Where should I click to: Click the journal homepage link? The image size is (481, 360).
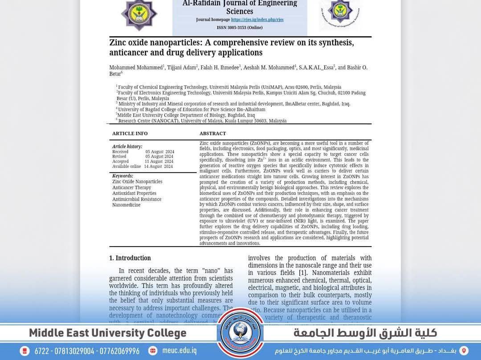(x=257, y=20)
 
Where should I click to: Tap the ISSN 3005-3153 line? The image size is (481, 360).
(x=240, y=28)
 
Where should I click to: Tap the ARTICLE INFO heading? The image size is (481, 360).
(x=130, y=133)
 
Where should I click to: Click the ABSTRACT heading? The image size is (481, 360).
(x=212, y=133)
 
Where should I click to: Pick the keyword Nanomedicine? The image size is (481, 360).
(x=126, y=205)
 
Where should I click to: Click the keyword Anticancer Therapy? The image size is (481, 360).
(x=131, y=188)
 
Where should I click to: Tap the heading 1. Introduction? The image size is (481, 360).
(x=130, y=258)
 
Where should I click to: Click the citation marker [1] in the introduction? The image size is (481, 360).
(x=303, y=273)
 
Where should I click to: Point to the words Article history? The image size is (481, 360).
(x=127, y=146)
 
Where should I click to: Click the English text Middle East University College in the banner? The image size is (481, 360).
(x=108, y=333)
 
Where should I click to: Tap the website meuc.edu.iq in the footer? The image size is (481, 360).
(x=179, y=351)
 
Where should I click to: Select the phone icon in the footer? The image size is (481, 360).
(x=25, y=351)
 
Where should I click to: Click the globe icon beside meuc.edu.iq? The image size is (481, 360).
(x=153, y=351)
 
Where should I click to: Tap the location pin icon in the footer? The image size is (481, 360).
(x=464, y=351)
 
